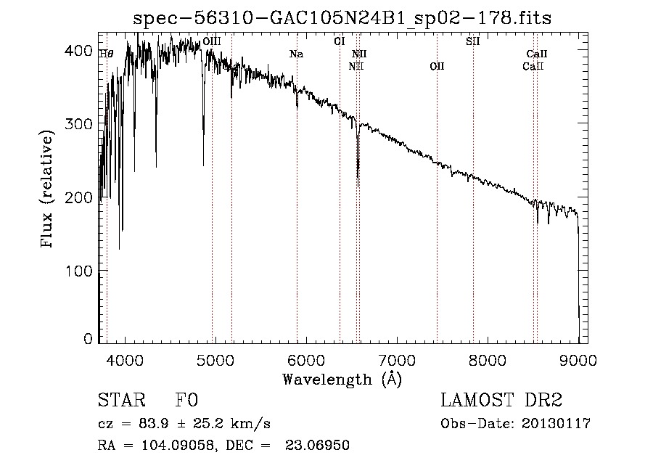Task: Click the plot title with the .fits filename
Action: pyautogui.click(x=342, y=18)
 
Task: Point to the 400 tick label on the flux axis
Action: pyautogui.click(x=78, y=51)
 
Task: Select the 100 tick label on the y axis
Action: pyautogui.click(x=78, y=271)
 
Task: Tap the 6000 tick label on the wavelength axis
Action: pyautogui.click(x=306, y=360)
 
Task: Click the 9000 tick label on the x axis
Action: pyautogui.click(x=578, y=360)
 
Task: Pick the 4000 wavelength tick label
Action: pyautogui.click(x=125, y=360)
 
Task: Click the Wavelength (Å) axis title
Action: pyautogui.click(x=342, y=380)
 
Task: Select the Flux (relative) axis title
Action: pyautogui.click(x=46, y=189)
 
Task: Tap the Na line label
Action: pyautogui.click(x=296, y=54)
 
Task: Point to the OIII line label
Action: pyautogui.click(x=212, y=41)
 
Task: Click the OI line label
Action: pyautogui.click(x=340, y=41)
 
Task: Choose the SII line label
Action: pyautogui.click(x=472, y=41)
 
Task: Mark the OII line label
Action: pyautogui.click(x=437, y=66)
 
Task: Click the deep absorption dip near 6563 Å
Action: pyautogui.click(x=358, y=175)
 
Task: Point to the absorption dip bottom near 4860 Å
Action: pyautogui.click(x=203, y=165)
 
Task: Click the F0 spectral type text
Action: pyautogui.click(x=186, y=400)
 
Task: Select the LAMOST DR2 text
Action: pyautogui.click(x=501, y=400)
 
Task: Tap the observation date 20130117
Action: pyautogui.click(x=556, y=424)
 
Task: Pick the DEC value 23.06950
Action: pyautogui.click(x=317, y=446)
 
